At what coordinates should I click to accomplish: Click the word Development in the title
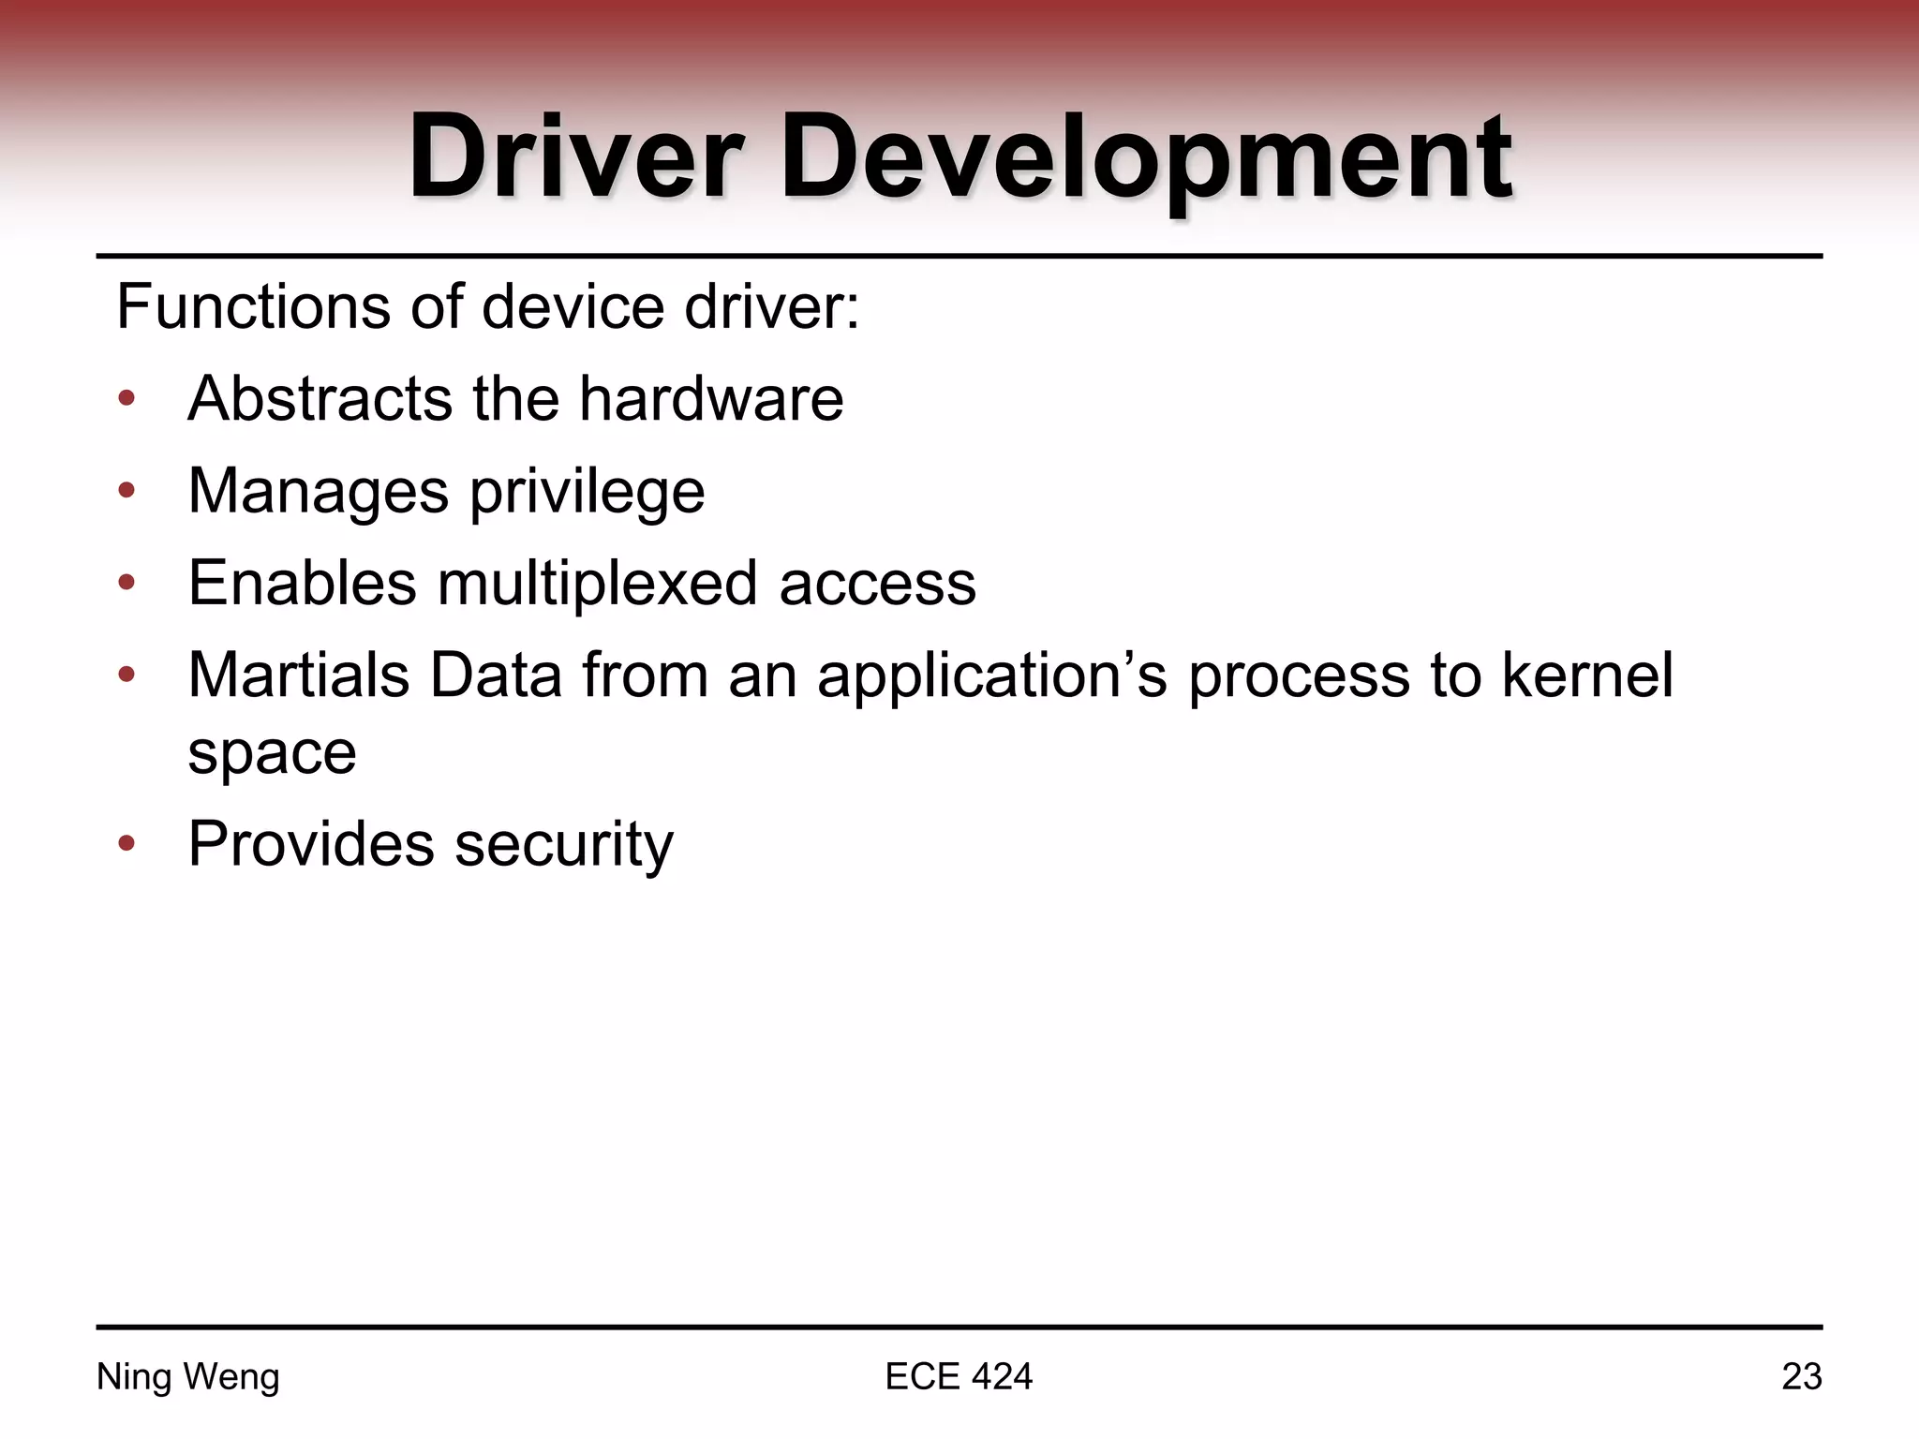[1145, 157]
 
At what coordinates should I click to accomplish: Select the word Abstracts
[320, 399]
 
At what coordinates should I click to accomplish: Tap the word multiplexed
[596, 583]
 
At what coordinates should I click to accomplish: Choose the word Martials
[299, 675]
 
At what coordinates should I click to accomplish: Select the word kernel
[1587, 675]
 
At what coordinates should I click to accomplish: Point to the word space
[272, 753]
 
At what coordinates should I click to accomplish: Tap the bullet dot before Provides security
[126, 844]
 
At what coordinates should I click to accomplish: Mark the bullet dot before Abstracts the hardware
[126, 400]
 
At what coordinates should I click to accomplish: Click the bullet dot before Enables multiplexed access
[126, 584]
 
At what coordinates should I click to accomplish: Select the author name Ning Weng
[188, 1377]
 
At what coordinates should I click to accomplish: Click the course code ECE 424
[959, 1377]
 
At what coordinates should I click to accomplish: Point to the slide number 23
[1801, 1377]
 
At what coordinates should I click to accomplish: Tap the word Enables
[302, 583]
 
